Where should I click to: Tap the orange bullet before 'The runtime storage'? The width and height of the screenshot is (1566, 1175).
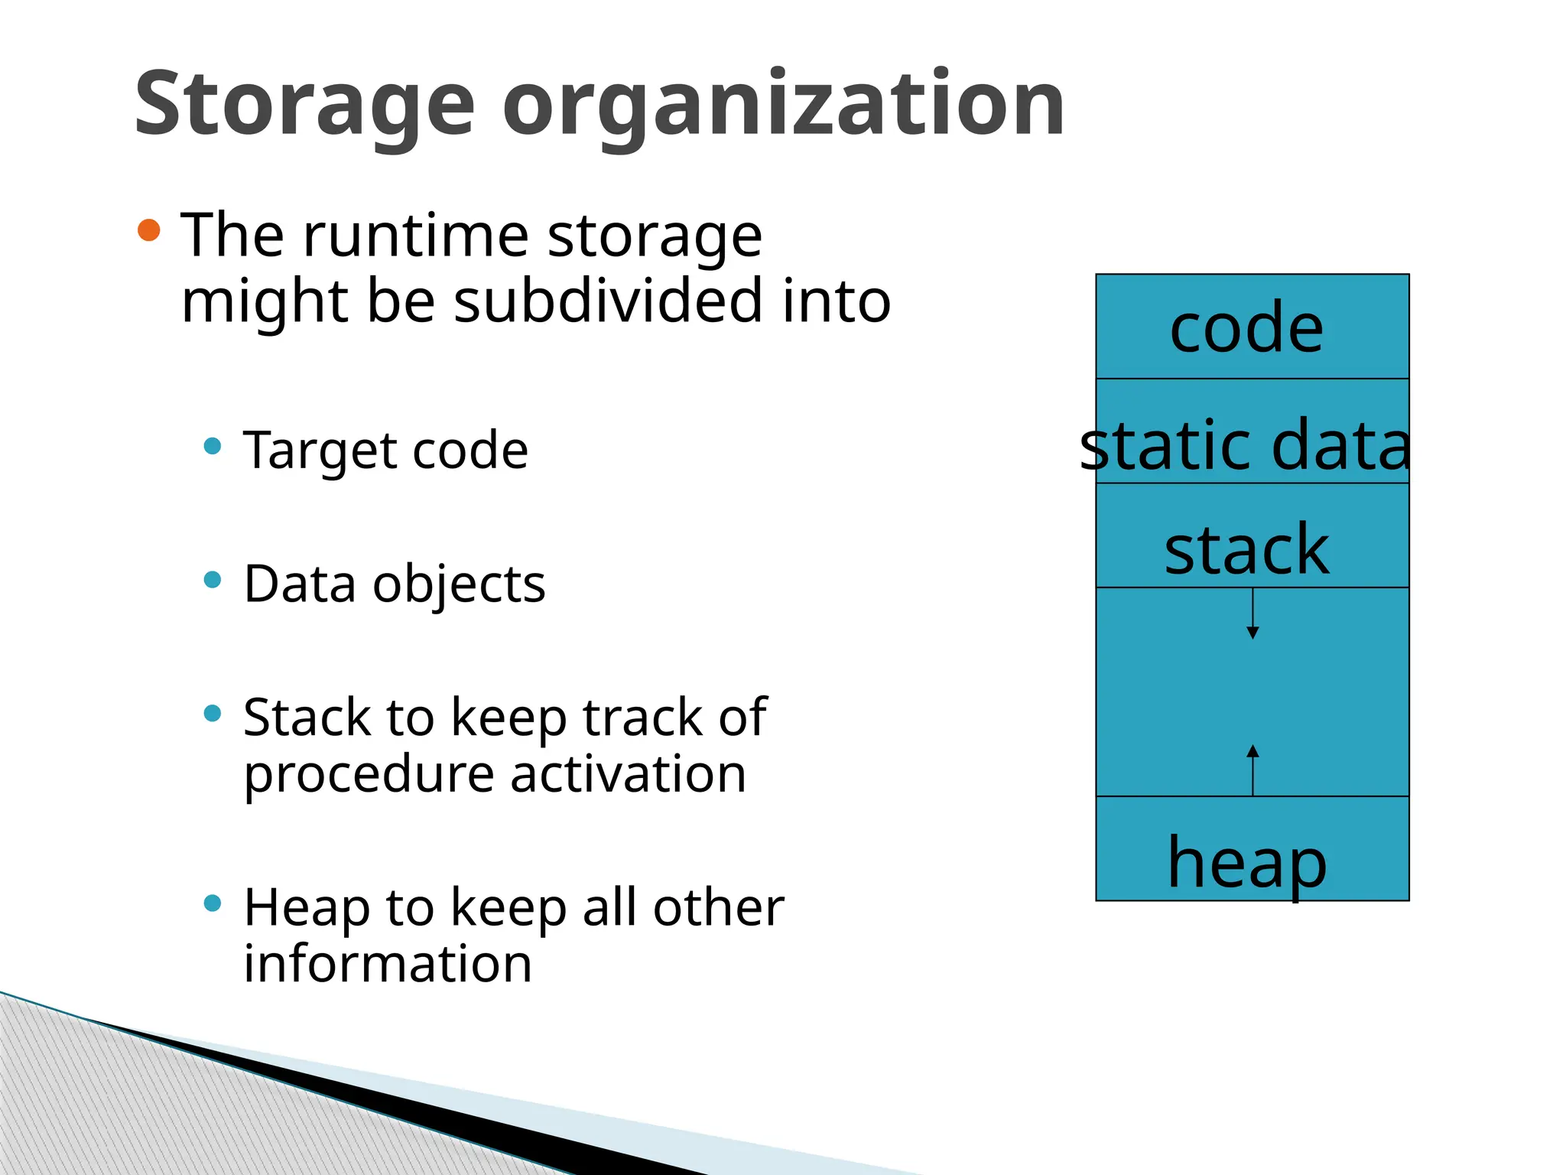pos(149,230)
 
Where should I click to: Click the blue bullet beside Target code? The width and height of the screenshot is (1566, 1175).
pos(213,446)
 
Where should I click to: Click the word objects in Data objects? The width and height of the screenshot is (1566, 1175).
pos(459,585)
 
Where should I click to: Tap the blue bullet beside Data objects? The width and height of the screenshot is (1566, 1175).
pos(213,580)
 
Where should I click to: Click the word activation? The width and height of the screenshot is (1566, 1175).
pos(628,774)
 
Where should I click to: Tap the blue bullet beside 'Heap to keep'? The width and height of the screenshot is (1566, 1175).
pos(213,903)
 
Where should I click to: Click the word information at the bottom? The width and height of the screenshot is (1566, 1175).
pos(388,964)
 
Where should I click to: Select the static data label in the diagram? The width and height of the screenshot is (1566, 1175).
pos(1245,445)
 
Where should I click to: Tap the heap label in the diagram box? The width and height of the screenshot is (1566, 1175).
pos(1246,863)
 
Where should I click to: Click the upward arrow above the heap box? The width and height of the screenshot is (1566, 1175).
pos(1252,770)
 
